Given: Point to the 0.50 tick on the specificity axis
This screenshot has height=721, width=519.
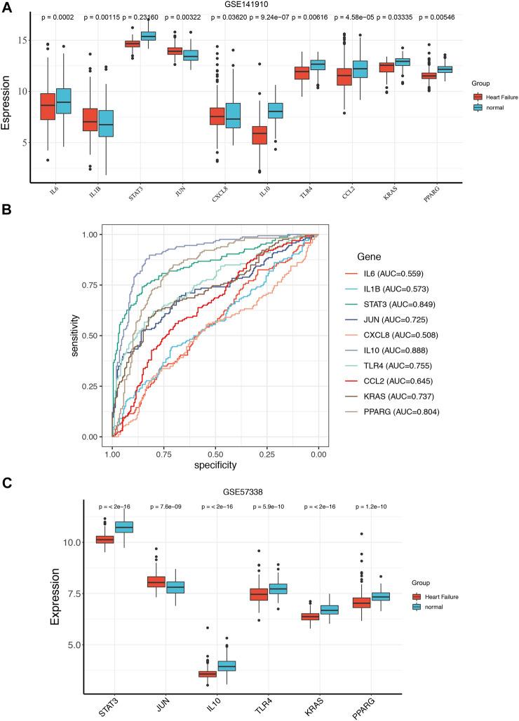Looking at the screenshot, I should [x=215, y=455].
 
